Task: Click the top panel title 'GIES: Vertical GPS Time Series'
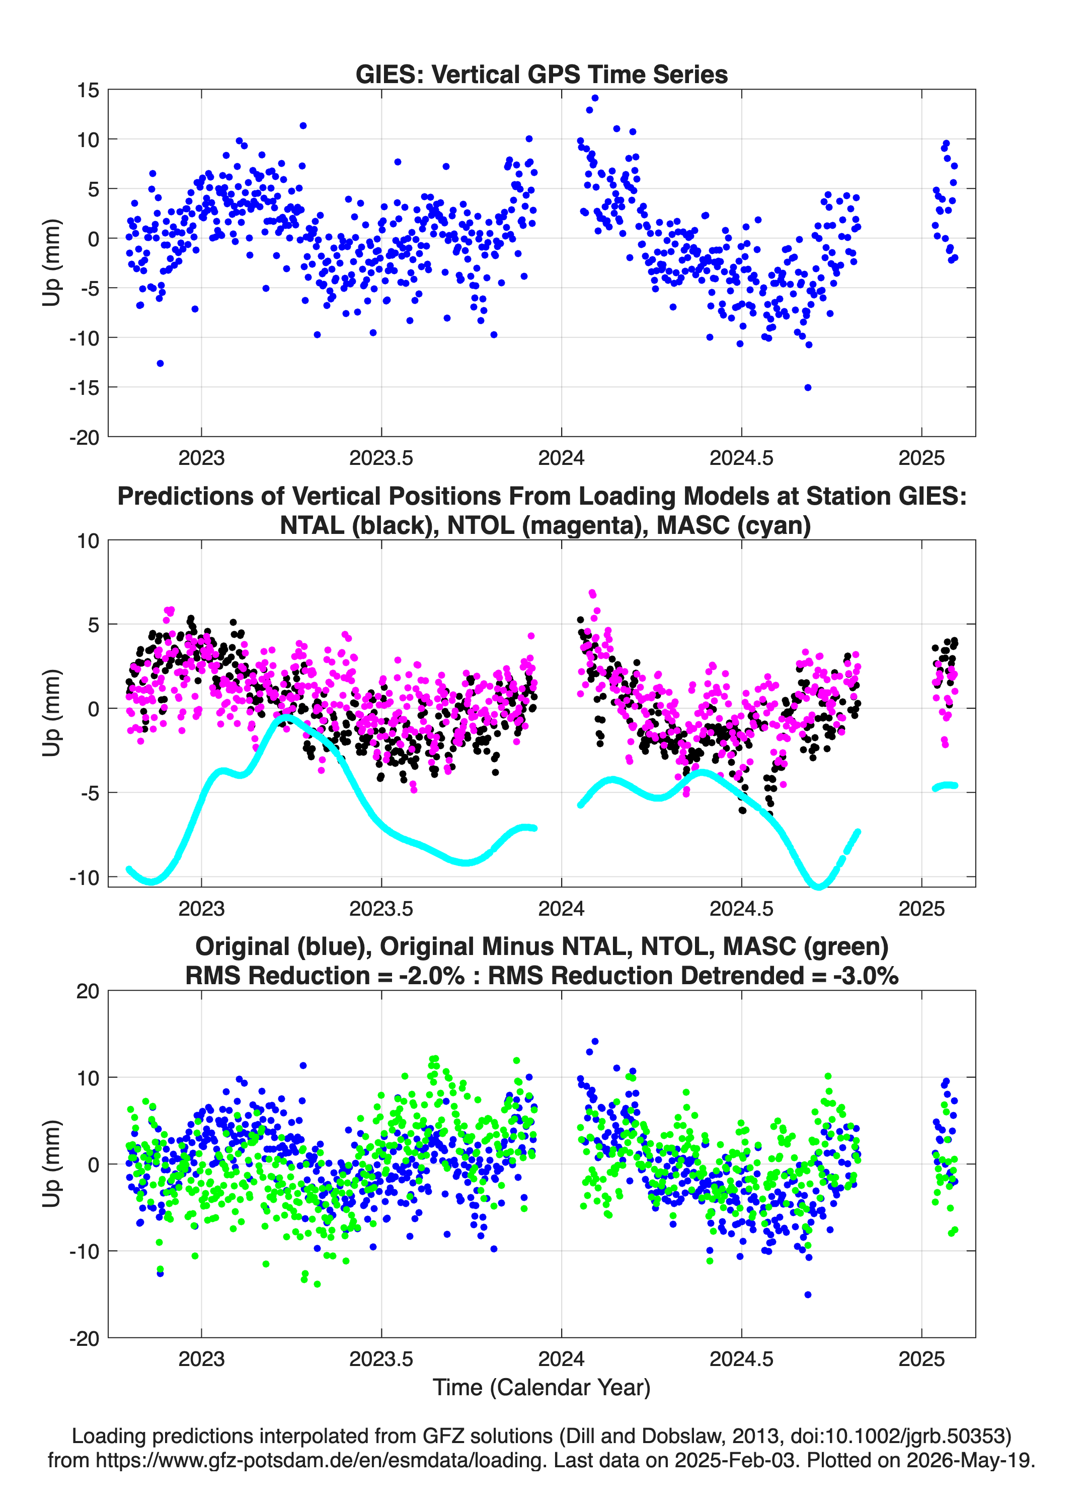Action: [x=541, y=74]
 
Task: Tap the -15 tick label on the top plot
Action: [x=84, y=387]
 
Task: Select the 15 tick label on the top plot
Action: [x=88, y=90]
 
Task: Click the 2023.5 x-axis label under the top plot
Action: [x=381, y=458]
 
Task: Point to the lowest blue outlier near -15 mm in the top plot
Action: [x=807, y=387]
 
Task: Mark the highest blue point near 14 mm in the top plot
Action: [x=595, y=98]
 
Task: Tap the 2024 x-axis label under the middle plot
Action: [x=561, y=908]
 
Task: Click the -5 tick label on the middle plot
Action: [x=90, y=793]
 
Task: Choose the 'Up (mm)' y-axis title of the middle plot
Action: [x=52, y=713]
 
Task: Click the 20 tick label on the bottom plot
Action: [x=88, y=991]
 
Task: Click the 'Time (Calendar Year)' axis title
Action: [x=542, y=1387]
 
